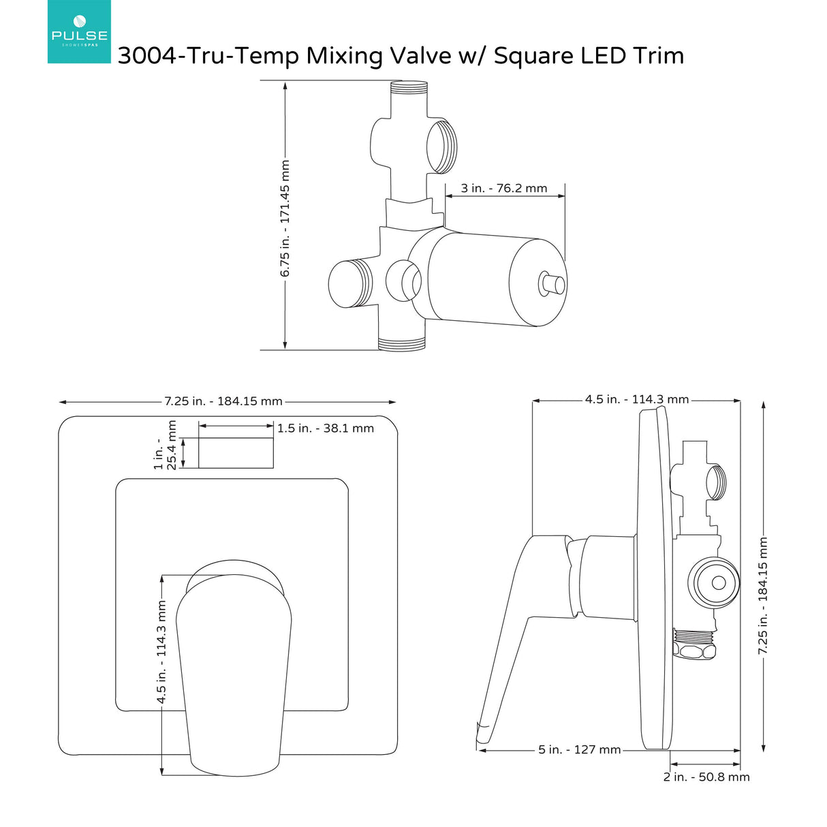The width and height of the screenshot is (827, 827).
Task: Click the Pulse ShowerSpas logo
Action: tap(79, 31)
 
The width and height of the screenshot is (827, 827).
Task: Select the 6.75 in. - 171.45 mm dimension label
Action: tap(285, 218)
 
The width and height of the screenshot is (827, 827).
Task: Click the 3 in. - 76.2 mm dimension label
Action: tap(504, 189)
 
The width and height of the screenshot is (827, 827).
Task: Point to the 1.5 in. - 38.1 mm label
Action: tap(326, 428)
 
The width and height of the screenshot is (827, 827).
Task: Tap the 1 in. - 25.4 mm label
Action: tap(166, 445)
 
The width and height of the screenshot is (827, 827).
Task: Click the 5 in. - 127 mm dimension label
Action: tap(580, 750)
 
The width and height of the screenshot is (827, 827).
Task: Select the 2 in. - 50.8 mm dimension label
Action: tap(706, 777)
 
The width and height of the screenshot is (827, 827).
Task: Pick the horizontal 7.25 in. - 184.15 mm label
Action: tap(223, 401)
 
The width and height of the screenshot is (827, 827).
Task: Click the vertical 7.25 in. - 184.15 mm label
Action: tap(764, 596)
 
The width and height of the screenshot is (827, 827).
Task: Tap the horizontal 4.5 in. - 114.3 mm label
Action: tap(637, 400)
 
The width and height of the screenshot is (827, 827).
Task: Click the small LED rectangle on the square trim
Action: tap(236, 453)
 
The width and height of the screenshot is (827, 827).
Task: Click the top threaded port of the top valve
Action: tap(409, 87)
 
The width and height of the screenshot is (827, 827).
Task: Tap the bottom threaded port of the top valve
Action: tap(402, 345)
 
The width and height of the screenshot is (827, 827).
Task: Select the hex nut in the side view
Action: tap(695, 645)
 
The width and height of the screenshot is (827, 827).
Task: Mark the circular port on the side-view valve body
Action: tap(717, 583)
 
